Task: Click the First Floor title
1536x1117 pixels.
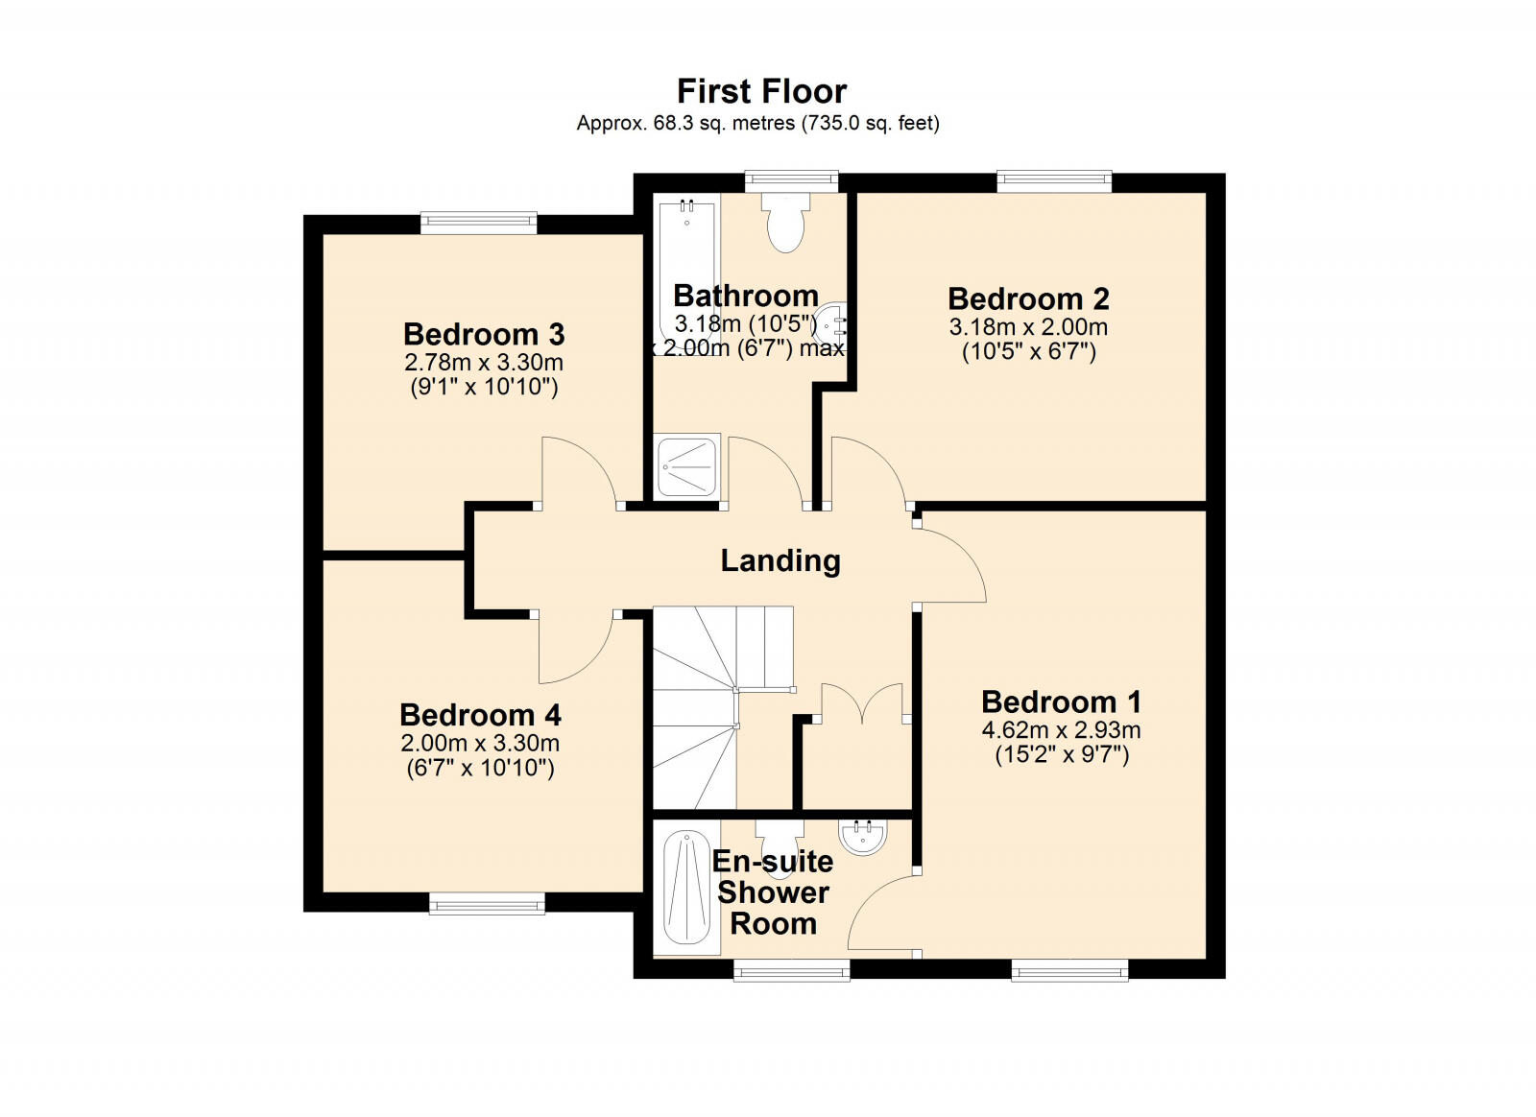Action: [762, 91]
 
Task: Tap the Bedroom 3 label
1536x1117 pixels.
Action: [484, 334]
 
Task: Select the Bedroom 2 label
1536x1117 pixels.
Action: [1028, 298]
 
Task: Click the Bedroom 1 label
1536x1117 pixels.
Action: [1062, 701]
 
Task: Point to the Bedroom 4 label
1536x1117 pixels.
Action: [480, 715]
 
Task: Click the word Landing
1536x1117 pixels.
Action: [780, 561]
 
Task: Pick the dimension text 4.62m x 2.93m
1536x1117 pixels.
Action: [1062, 730]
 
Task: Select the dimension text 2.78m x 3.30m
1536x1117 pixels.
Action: [484, 362]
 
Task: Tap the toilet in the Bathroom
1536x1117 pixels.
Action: [785, 222]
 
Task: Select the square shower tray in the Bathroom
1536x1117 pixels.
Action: [687, 466]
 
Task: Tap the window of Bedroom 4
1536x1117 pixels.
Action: [487, 903]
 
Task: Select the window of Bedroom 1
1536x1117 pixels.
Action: [1069, 969]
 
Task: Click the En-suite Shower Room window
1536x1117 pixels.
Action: [792, 969]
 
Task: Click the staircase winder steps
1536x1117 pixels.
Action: [694, 707]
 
